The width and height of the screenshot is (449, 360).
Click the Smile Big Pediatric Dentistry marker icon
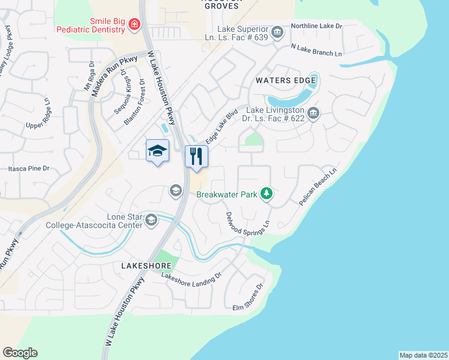(x=134, y=25)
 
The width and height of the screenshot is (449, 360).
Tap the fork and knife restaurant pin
(x=196, y=157)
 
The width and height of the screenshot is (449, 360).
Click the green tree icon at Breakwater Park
(x=267, y=194)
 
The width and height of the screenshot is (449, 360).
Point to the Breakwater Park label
(x=227, y=194)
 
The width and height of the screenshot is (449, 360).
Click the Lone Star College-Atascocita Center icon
(x=151, y=220)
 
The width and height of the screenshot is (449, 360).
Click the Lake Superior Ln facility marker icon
(x=277, y=32)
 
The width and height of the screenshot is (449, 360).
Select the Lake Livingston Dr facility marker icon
(x=313, y=113)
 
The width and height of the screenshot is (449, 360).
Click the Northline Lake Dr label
(x=316, y=26)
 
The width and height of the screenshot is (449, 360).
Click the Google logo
(x=20, y=353)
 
